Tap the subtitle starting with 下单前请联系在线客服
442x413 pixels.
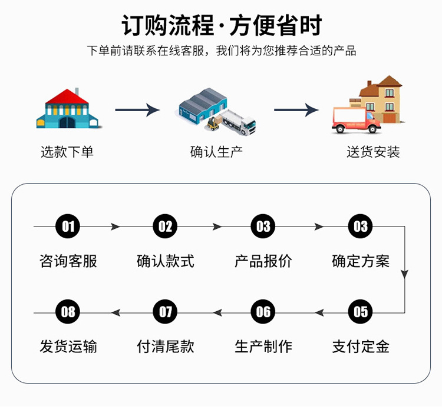point(222,51)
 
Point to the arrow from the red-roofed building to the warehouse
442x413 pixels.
point(137,109)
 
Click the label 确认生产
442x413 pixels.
point(216,152)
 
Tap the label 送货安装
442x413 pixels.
point(373,152)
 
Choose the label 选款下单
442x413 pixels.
point(67,152)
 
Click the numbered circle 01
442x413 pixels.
point(68,227)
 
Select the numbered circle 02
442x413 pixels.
point(166,227)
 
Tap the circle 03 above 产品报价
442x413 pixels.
point(263,227)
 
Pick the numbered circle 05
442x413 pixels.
point(360,312)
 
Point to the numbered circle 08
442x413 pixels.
point(68,312)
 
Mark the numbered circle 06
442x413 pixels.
point(263,312)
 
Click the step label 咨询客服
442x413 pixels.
point(68,261)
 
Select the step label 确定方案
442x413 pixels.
point(360,261)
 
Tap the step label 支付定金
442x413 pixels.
point(360,347)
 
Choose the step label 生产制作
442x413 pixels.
point(263,347)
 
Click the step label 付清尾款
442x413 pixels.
point(166,347)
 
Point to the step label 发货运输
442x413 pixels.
point(68,347)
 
